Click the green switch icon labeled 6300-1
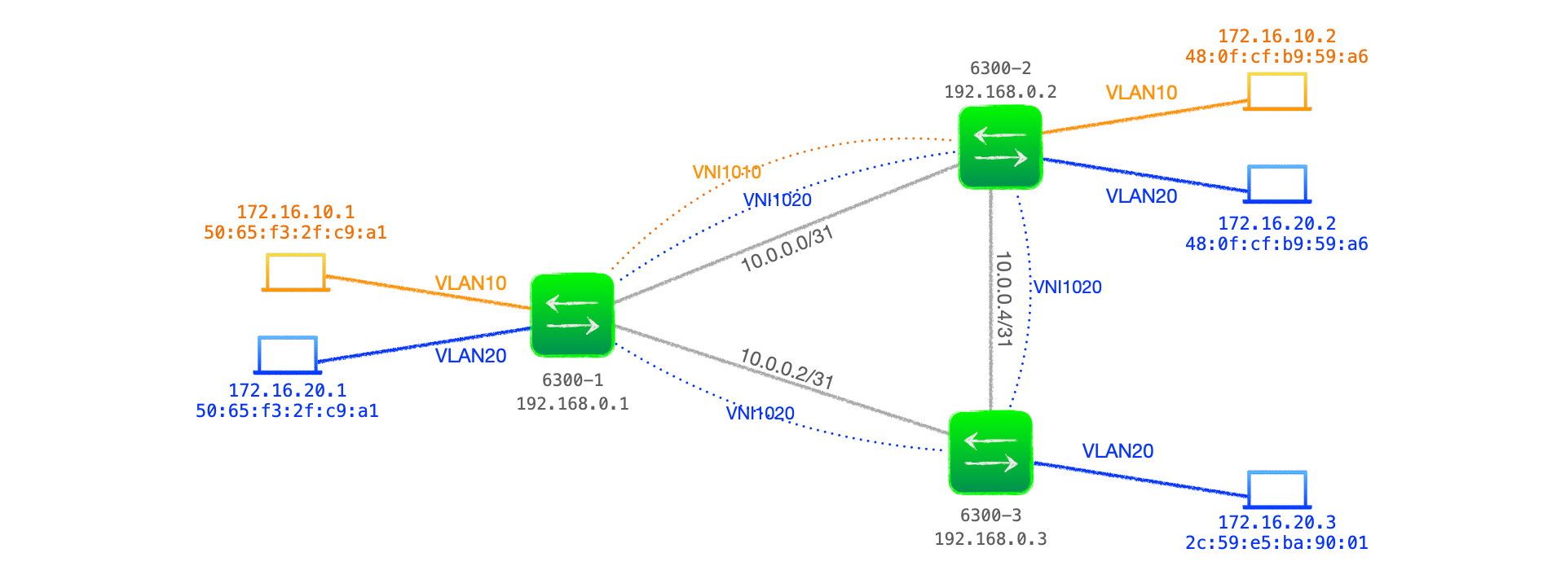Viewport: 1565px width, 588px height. click(x=572, y=315)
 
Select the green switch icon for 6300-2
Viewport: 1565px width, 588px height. click(x=1000, y=147)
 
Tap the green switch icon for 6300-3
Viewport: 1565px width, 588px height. click(x=990, y=453)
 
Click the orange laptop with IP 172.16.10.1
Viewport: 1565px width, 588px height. click(x=295, y=272)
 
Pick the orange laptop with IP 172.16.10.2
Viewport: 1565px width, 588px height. click(x=1276, y=91)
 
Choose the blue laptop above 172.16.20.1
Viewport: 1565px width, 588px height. click(x=287, y=355)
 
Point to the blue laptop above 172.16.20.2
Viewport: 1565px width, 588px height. click(x=1276, y=184)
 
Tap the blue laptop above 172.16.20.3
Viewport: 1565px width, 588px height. click(x=1276, y=489)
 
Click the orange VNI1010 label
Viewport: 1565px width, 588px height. click(x=726, y=172)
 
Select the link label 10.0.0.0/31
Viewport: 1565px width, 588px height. click(x=787, y=249)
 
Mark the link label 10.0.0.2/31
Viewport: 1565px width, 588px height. click(x=787, y=369)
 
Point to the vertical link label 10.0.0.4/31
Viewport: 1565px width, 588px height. click(x=1003, y=299)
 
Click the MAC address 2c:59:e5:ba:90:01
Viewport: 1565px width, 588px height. click(x=1276, y=543)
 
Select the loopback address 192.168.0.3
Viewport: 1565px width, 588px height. click(x=990, y=539)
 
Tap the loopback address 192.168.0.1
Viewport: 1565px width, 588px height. click(x=572, y=404)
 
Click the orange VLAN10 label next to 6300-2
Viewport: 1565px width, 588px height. click(x=1141, y=93)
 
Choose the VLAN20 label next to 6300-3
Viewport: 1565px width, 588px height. click(x=1118, y=451)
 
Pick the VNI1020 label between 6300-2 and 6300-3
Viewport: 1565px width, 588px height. click(x=1067, y=287)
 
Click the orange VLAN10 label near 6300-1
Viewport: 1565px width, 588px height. click(x=470, y=283)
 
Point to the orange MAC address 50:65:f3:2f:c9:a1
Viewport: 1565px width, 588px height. click(x=295, y=233)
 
